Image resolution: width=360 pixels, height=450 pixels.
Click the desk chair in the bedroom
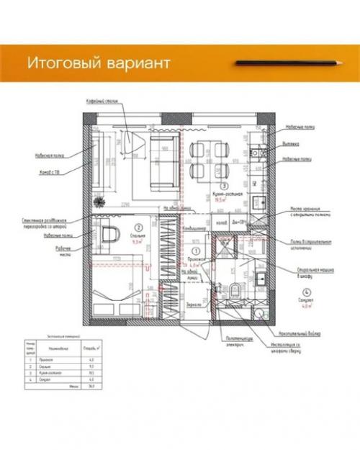coord(110,235)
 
